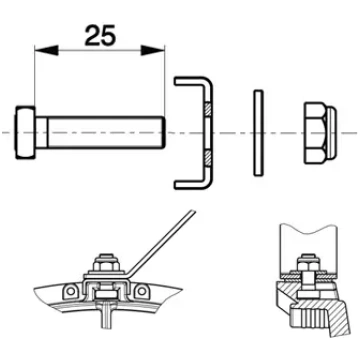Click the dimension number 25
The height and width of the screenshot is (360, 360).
[100, 35]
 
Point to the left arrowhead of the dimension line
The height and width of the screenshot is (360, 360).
[46, 51]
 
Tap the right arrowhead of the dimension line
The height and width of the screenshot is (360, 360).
[153, 51]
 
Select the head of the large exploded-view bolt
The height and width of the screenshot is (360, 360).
[25, 133]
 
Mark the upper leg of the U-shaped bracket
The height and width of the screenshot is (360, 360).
[191, 81]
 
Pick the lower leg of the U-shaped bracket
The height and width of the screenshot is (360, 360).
[191, 185]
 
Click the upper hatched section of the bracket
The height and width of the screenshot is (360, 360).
[208, 109]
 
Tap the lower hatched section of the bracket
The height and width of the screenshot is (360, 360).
[208, 158]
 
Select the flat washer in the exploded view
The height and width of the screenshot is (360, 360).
[258, 133]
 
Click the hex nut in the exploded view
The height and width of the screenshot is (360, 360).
[320, 133]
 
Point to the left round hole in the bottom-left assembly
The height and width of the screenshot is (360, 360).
[70, 291]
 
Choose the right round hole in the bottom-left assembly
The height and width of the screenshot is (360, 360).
[142, 291]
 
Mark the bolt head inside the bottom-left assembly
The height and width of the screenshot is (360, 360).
[106, 294]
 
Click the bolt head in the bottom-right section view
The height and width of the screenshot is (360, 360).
[309, 294]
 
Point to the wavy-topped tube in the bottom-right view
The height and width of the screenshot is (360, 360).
[308, 248]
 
